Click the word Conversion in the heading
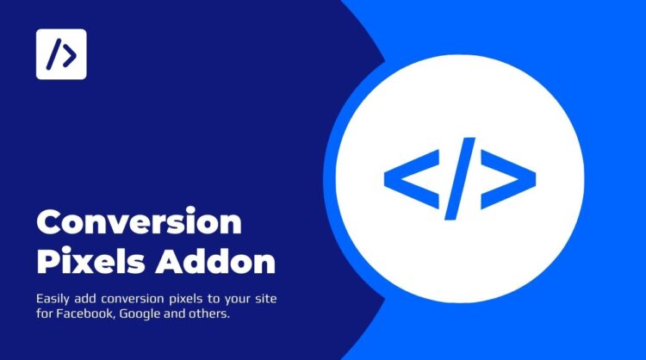click(139, 222)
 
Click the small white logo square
click(61, 54)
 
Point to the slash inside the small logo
click(54, 54)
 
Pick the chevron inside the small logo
click(69, 54)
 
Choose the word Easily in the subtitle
click(55, 298)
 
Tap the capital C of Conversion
click(50, 222)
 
